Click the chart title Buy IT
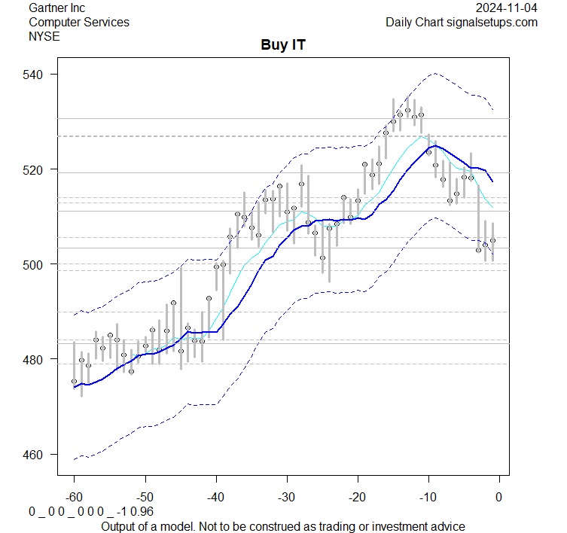(283, 45)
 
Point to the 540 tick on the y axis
(38, 75)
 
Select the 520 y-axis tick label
(38, 169)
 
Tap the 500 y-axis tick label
(38, 264)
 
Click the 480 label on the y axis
(38, 360)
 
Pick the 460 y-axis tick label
(38, 455)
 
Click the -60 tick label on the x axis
(74, 497)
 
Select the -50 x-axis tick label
(145, 497)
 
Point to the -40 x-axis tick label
(215, 497)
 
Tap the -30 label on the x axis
(286, 497)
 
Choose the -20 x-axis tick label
(357, 497)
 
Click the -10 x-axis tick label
(428, 497)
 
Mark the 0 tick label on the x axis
(498, 497)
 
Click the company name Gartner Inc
(56, 8)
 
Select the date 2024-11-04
(507, 8)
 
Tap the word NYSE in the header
(45, 36)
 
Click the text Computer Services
(78, 23)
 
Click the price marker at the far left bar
(74, 382)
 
